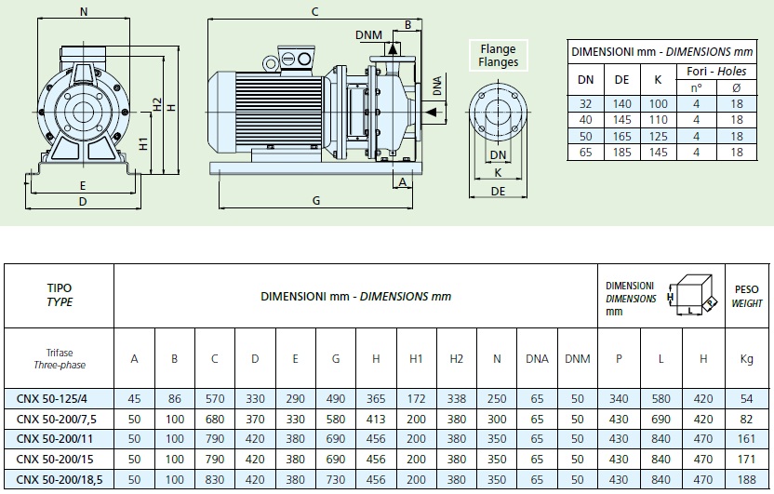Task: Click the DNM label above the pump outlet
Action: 368,34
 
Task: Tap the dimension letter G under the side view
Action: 316,200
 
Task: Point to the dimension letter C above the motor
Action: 315,11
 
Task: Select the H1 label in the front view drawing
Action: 141,144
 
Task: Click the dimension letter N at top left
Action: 85,12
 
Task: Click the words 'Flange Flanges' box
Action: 499,55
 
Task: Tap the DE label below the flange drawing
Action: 498,190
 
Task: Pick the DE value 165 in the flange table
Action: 622,136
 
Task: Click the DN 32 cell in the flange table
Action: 586,105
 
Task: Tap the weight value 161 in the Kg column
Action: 746,437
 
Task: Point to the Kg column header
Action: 746,359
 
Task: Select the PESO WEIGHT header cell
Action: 746,297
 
